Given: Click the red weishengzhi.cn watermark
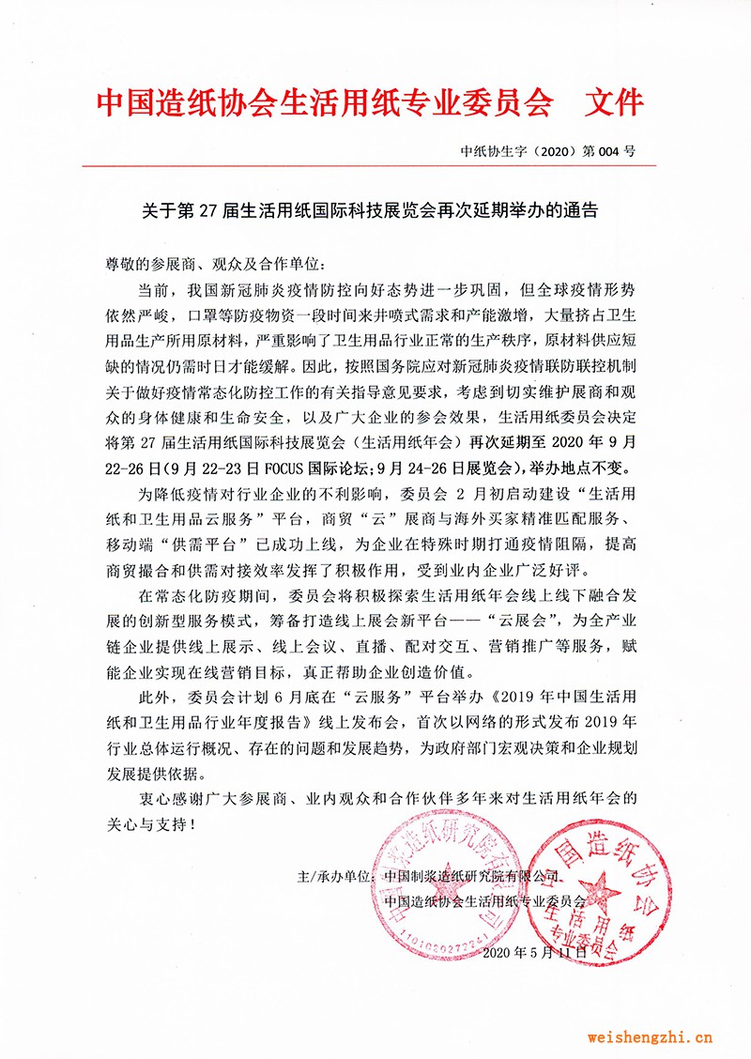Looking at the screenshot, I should [x=650, y=1037].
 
